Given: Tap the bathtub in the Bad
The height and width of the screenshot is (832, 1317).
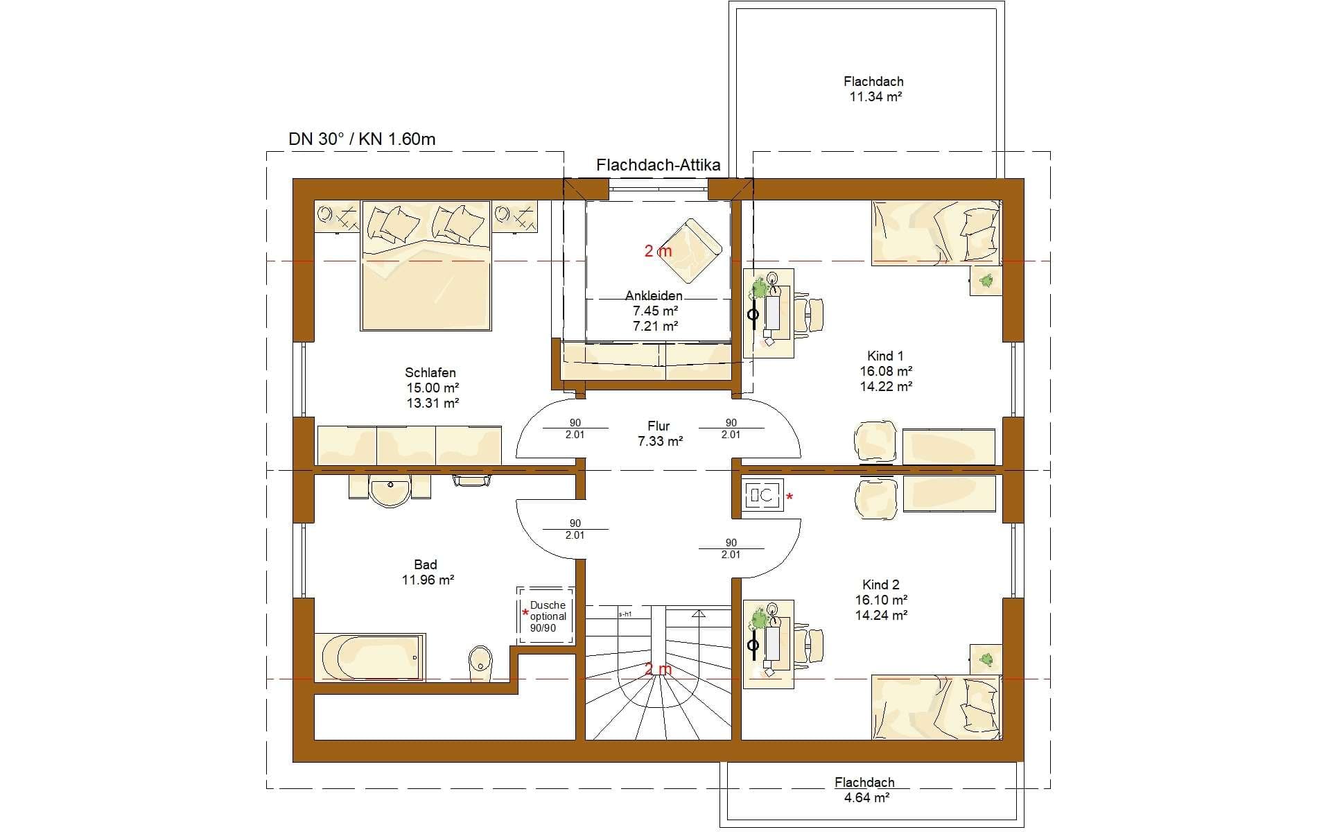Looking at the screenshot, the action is click(x=370, y=657).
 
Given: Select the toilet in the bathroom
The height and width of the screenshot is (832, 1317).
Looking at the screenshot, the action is click(x=480, y=664).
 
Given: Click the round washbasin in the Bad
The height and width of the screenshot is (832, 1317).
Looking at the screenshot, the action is click(x=390, y=491).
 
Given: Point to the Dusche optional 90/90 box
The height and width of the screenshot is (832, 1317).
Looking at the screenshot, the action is click(x=546, y=616).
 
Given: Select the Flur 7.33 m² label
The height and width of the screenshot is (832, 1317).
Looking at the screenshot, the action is click(x=660, y=433).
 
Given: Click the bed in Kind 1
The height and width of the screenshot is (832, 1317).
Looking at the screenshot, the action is click(x=936, y=233).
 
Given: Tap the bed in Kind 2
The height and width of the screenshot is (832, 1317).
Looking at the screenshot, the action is click(x=936, y=707).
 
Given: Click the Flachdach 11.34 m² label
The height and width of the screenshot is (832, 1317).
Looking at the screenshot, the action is click(x=875, y=89).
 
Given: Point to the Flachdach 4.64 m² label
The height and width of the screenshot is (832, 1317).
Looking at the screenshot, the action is click(x=864, y=790).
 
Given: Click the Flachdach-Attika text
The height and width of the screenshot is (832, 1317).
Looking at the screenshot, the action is click(x=658, y=165).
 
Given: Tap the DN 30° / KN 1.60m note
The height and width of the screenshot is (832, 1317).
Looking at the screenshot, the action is click(x=362, y=139).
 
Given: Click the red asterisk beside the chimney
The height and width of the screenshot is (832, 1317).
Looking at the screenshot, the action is click(x=790, y=497).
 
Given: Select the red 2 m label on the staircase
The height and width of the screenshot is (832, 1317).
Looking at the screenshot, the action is click(x=658, y=669).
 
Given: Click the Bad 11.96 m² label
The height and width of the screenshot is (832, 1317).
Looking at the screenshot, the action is click(x=427, y=573).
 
